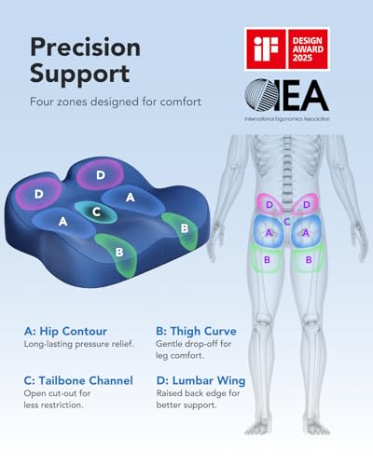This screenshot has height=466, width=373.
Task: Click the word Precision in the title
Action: [86, 48]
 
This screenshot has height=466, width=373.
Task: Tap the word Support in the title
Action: [80, 74]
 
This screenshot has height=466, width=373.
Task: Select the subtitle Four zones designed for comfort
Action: [116, 102]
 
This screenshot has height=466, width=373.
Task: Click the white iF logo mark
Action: [266, 48]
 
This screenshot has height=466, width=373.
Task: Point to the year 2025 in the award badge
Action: [302, 58]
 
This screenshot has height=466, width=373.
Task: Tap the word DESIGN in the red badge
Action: [307, 41]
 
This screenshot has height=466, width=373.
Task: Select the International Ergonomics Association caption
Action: [287, 118]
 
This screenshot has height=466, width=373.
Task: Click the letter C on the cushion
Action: [96, 212]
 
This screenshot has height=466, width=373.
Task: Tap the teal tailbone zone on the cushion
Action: [96, 212]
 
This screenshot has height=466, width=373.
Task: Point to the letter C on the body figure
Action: [287, 222]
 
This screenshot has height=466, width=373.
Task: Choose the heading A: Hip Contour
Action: [65, 331]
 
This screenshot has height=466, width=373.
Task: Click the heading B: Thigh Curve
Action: [196, 331]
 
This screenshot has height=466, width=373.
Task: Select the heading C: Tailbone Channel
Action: [78, 380]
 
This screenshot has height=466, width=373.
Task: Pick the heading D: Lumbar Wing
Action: [200, 380]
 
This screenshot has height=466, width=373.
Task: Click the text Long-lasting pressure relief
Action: [79, 344]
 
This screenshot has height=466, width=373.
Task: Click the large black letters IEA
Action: [301, 95]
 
